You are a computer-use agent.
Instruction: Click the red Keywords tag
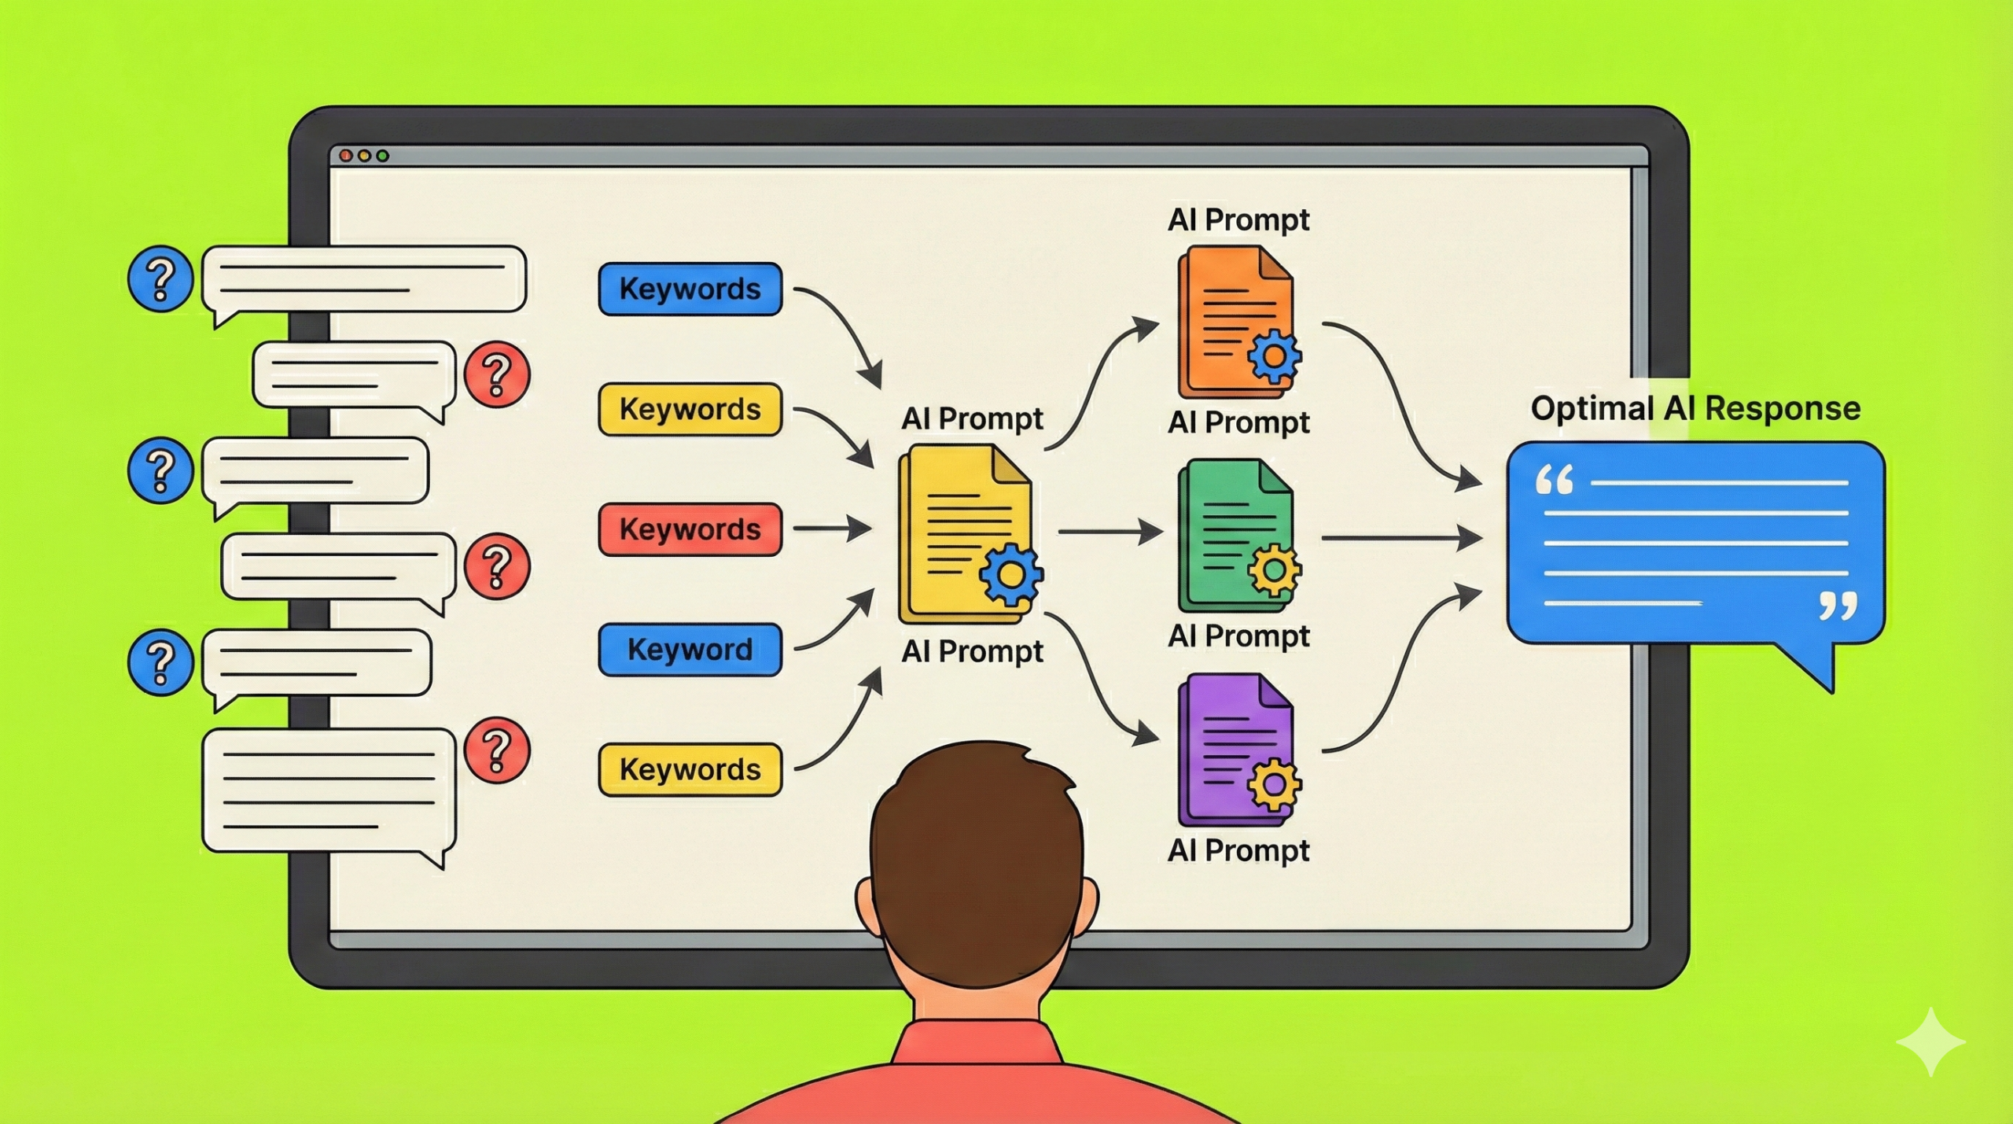coord(690,529)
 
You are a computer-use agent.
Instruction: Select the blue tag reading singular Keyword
coord(690,650)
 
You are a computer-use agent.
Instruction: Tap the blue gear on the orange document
coord(1274,357)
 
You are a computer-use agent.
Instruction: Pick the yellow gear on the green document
coord(1274,569)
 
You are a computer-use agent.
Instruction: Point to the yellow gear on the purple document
coord(1274,784)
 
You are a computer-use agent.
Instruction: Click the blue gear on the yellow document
coord(1010,575)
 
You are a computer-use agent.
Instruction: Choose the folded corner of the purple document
coord(1275,691)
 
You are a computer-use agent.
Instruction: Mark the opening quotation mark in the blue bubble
coord(1555,480)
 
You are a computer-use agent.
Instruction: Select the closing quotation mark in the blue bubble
coord(1838,606)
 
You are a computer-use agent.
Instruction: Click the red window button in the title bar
coord(346,156)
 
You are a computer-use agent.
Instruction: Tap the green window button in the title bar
coord(383,156)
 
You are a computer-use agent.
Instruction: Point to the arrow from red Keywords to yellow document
coord(832,529)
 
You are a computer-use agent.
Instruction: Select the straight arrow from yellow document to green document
coord(1110,533)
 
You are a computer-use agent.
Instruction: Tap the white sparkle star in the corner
coord(1931,1041)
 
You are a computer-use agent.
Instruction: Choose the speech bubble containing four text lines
coord(329,790)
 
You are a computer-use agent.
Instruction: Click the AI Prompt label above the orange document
coord(1238,220)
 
